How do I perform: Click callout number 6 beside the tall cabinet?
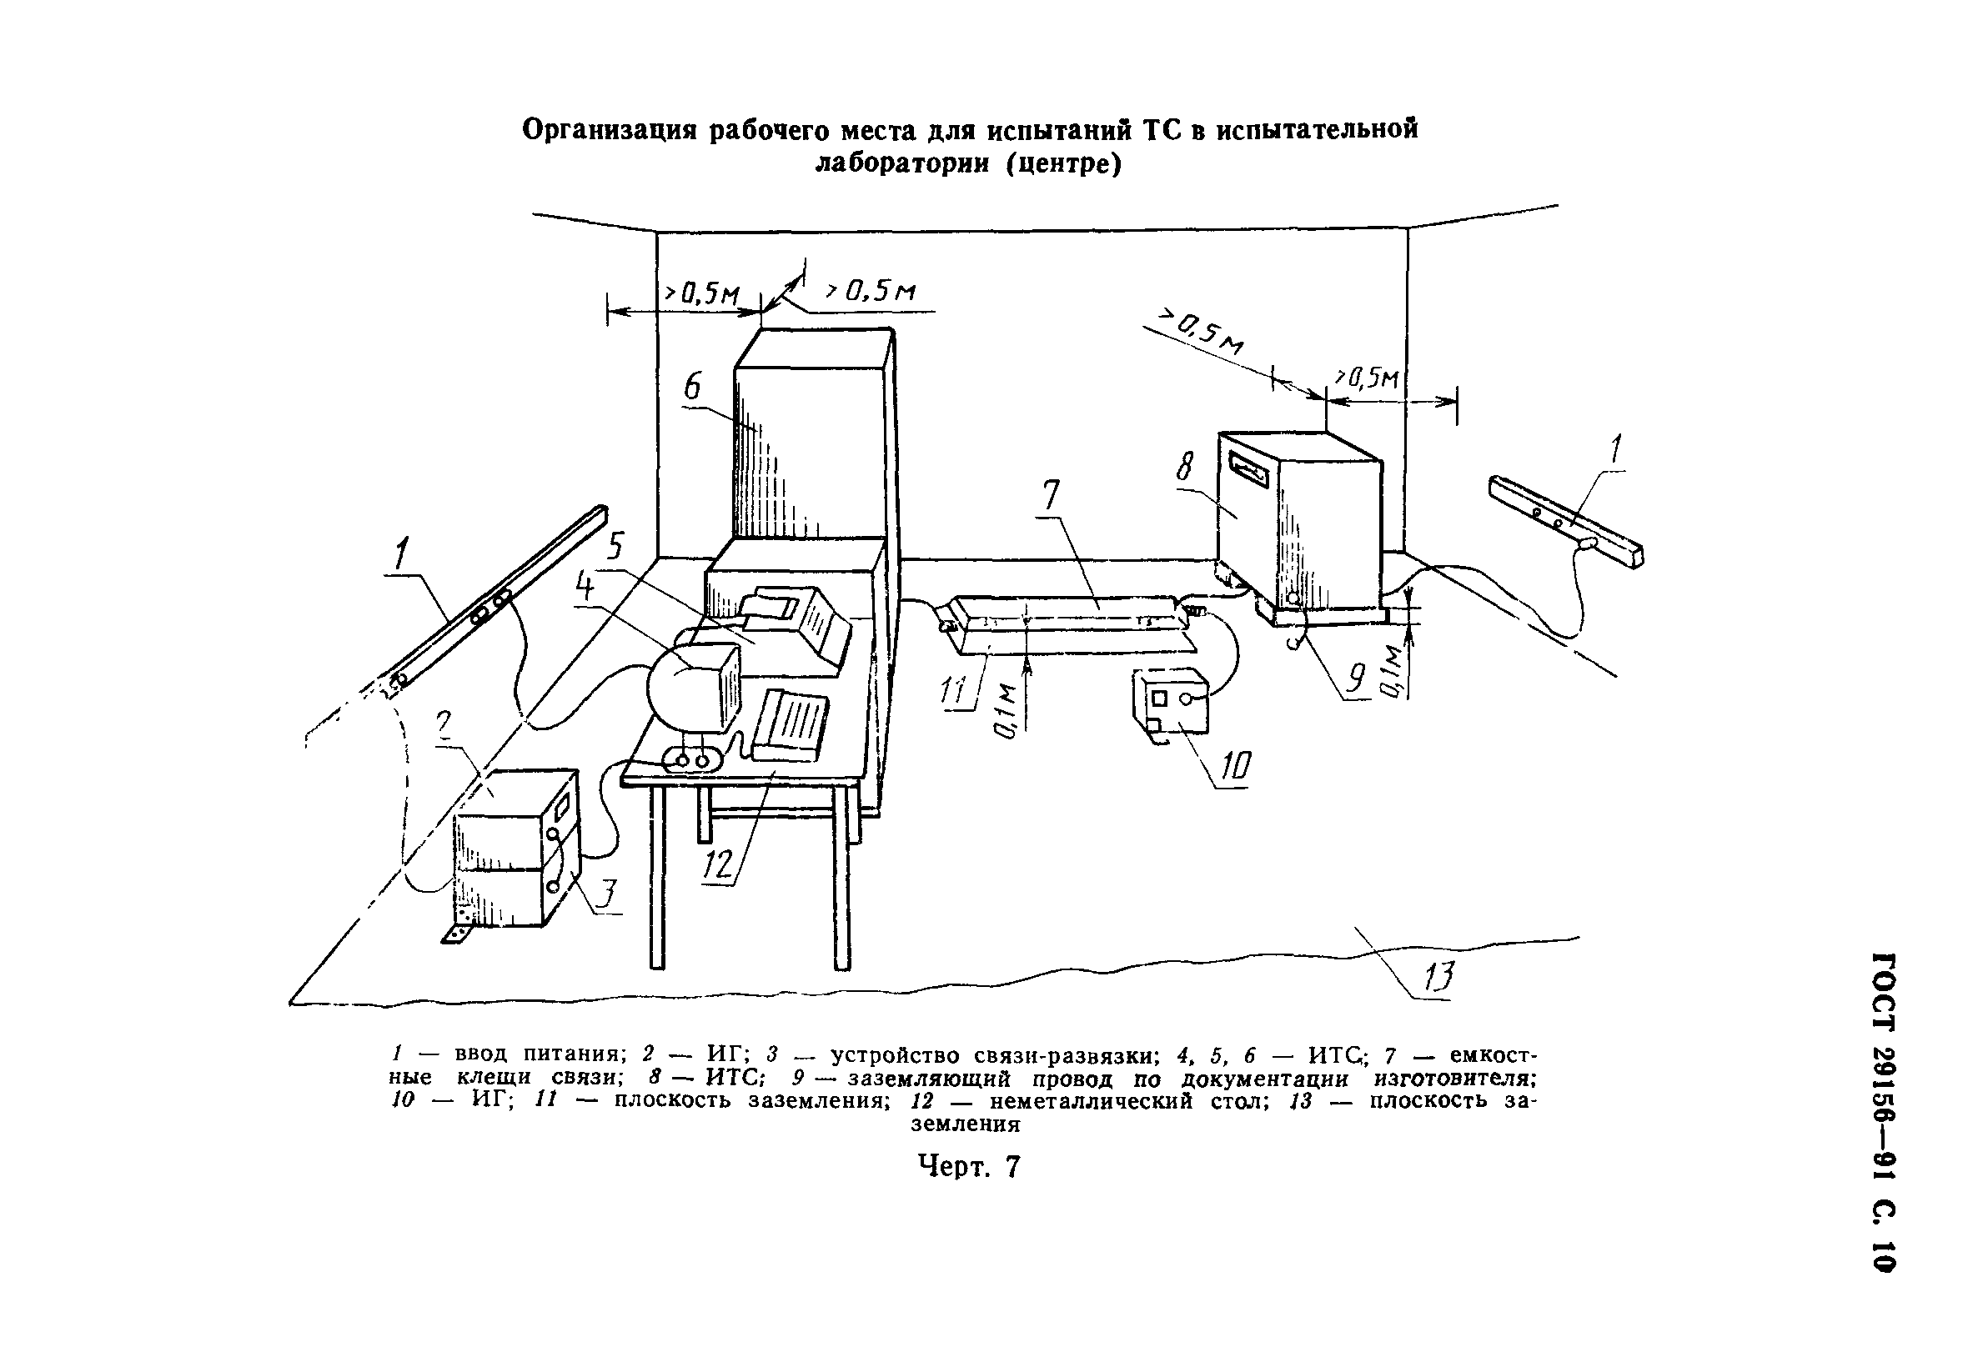coord(692,388)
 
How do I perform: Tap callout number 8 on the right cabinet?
coord(1185,467)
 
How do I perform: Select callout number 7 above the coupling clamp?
coord(1051,496)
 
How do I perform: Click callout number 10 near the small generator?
coord(1235,767)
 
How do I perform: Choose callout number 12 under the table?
coord(718,865)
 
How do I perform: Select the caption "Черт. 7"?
coord(968,1166)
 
